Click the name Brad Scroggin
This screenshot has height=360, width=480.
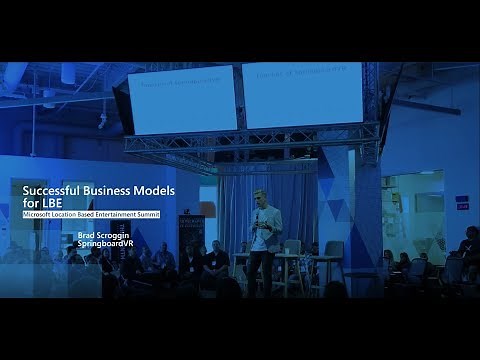tap(104, 235)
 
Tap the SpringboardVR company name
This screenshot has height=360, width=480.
tap(106, 244)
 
